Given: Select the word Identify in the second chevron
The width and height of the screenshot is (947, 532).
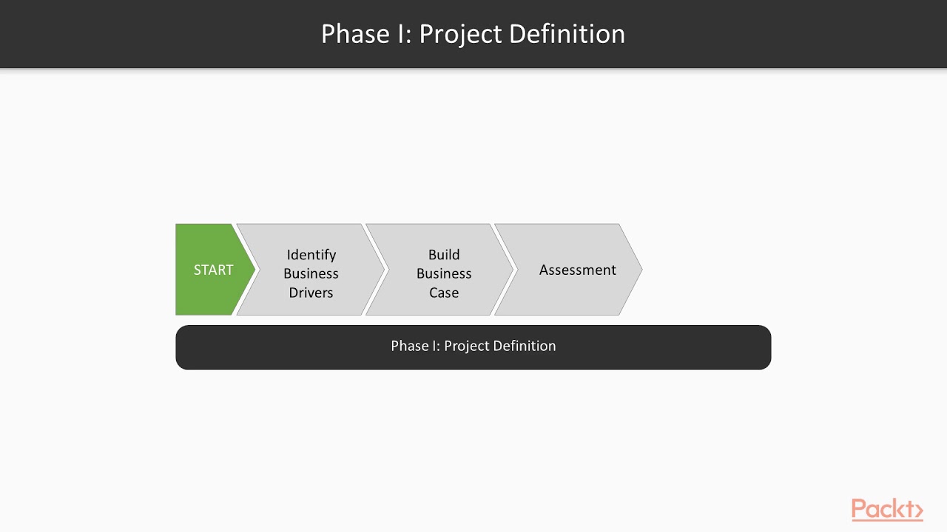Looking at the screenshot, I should pyautogui.click(x=311, y=254).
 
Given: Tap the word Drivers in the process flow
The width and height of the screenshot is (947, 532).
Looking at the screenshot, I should pyautogui.click(x=311, y=293).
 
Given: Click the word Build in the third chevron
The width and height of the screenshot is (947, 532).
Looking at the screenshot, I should pyautogui.click(x=444, y=254).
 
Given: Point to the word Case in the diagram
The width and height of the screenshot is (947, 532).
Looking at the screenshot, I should pyautogui.click(x=444, y=293).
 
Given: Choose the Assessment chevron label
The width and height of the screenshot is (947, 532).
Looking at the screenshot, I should pyautogui.click(x=577, y=270).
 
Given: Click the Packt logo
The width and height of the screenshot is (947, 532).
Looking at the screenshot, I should pyautogui.click(x=887, y=510).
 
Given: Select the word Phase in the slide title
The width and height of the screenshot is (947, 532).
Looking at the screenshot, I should pyautogui.click(x=355, y=34).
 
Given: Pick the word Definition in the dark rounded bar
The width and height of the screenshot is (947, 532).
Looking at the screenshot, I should pyautogui.click(x=528, y=346).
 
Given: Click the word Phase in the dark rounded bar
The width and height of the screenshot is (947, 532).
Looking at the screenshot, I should pyautogui.click(x=410, y=346).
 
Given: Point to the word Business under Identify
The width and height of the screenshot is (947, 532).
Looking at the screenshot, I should pyautogui.click(x=311, y=273).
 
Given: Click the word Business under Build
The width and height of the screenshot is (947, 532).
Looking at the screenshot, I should pyautogui.click(x=444, y=273).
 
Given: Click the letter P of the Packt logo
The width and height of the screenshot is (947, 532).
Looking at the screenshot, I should pyautogui.click(x=860, y=509).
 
